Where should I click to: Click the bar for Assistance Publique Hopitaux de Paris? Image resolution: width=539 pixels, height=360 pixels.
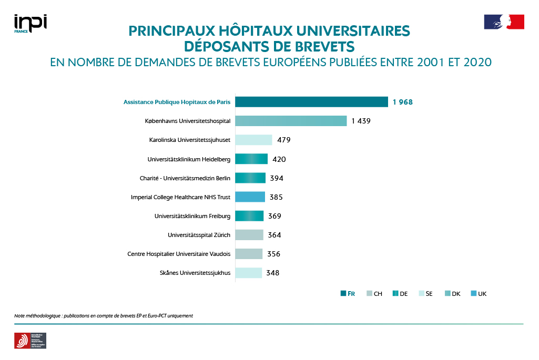pos(311,102)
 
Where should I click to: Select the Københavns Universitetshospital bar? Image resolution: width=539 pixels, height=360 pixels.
pos(291,121)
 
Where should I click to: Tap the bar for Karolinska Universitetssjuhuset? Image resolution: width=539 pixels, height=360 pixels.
pos(253,140)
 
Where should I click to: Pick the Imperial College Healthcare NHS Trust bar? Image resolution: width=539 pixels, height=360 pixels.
pos(250,197)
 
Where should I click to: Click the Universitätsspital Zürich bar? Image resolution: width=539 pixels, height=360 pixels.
pos(249,235)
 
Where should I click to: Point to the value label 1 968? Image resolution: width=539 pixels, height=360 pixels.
pos(402,102)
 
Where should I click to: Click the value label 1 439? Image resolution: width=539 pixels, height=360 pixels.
pos(361,121)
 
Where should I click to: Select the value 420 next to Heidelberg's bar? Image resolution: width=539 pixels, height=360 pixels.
pos(279,159)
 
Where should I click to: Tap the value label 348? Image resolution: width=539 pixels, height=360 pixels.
pos(272,273)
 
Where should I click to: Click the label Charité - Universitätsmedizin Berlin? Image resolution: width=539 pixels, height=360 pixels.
pos(185,178)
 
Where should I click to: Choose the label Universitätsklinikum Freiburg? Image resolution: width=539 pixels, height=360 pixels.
pos(192,216)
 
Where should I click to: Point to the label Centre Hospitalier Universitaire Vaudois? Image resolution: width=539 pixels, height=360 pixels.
pos(179,254)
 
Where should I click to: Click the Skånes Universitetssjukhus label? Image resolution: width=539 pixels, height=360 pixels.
pos(195,273)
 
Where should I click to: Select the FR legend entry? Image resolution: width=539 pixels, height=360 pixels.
pos(348,294)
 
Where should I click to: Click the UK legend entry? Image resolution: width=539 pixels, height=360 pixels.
pos(479,294)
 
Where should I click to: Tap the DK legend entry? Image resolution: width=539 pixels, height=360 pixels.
pos(452,294)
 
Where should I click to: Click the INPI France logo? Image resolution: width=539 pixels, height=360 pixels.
pos(30,24)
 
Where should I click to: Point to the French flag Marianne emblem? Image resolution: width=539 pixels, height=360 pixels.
pos(504,22)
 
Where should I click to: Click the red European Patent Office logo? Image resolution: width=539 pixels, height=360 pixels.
pos(22,341)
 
